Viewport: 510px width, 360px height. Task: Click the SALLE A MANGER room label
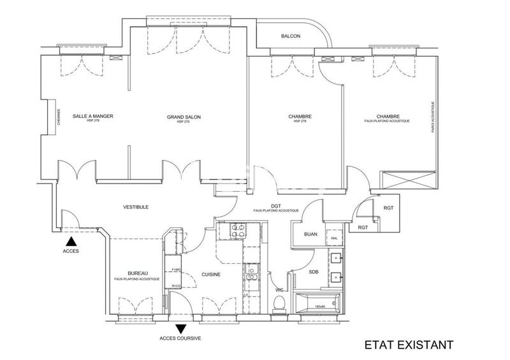click(x=93, y=116)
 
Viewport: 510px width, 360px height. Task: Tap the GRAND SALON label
click(x=183, y=117)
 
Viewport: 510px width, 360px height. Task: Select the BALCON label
click(x=290, y=37)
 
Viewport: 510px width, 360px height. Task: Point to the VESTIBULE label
click(x=136, y=207)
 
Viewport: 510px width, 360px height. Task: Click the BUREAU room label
click(x=138, y=273)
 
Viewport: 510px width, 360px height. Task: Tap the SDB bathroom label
click(x=313, y=272)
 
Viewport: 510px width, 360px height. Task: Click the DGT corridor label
click(x=275, y=205)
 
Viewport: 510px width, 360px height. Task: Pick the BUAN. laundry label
click(x=311, y=234)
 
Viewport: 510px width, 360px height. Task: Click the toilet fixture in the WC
click(x=278, y=305)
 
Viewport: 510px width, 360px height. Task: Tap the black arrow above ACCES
click(x=72, y=242)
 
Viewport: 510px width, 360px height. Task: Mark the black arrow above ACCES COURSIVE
click(x=181, y=329)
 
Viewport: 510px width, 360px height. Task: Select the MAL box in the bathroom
click(x=333, y=238)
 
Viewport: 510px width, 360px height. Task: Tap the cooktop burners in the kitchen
click(x=237, y=231)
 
